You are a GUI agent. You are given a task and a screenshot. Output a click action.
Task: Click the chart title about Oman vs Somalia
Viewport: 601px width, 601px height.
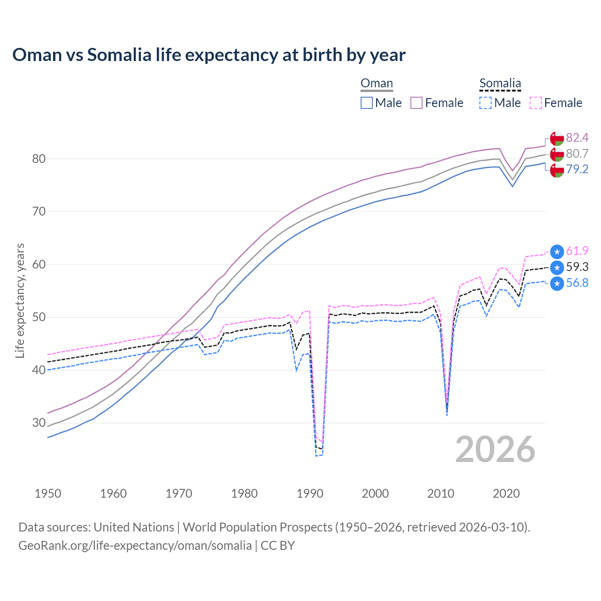click(209, 55)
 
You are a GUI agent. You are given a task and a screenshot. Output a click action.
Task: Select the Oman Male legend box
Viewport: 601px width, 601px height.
click(367, 103)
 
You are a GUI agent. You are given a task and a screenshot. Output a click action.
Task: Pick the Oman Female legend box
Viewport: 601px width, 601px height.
click(416, 103)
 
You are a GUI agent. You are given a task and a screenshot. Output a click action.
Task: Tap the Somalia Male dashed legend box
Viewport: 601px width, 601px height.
click(485, 103)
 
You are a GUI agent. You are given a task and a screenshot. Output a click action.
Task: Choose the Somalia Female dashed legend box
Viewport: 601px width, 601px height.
click(536, 103)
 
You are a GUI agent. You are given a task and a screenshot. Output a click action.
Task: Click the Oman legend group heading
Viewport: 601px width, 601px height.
click(377, 84)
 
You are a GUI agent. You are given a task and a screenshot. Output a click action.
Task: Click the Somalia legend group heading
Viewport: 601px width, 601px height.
click(500, 84)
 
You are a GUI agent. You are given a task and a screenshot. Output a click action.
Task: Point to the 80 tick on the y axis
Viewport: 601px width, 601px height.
click(39, 159)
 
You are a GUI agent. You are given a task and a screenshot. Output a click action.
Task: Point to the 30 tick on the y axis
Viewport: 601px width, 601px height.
click(39, 423)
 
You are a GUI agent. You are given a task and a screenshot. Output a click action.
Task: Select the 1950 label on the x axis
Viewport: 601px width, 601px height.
click(48, 493)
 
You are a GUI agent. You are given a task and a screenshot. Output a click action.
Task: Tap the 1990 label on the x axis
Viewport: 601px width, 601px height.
click(310, 493)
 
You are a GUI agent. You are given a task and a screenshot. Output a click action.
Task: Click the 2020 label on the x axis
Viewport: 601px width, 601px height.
click(506, 493)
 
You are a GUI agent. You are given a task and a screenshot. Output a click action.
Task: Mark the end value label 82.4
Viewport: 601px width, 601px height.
click(577, 138)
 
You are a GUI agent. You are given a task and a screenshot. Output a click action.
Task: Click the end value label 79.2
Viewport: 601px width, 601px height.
click(577, 170)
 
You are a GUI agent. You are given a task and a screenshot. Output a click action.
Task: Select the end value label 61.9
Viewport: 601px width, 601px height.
click(577, 251)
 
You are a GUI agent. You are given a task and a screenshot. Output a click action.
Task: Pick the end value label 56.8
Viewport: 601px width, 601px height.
click(577, 283)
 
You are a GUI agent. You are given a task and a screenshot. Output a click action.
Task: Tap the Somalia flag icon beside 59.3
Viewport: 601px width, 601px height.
click(557, 268)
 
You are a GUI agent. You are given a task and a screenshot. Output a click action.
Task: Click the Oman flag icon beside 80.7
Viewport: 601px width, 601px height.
click(557, 154)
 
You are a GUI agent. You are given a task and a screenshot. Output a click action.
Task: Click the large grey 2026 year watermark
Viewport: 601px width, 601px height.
click(495, 449)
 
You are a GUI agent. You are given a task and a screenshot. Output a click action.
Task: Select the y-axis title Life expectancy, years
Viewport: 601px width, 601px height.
click(20, 300)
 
